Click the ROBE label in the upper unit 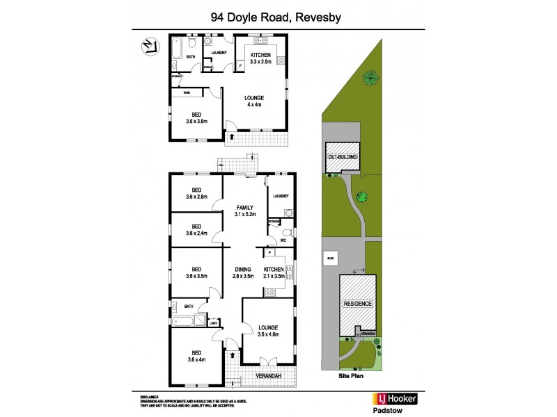[187, 92]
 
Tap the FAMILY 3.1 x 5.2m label [245, 210]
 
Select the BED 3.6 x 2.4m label [196, 229]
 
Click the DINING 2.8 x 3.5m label [245, 272]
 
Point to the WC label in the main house [283, 241]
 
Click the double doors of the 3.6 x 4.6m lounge [262, 363]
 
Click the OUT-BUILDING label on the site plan [343, 158]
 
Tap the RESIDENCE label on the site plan [357, 304]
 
